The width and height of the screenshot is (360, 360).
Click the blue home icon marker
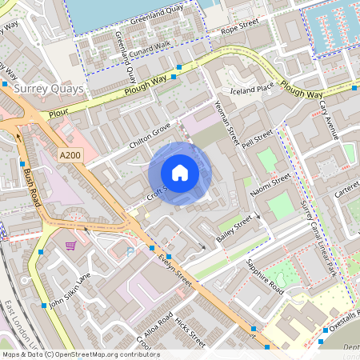[x=180, y=172]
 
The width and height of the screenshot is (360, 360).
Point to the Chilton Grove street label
[x=150, y=134]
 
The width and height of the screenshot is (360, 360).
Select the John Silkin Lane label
[x=70, y=292]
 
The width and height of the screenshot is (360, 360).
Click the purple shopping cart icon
[x=71, y=246]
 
